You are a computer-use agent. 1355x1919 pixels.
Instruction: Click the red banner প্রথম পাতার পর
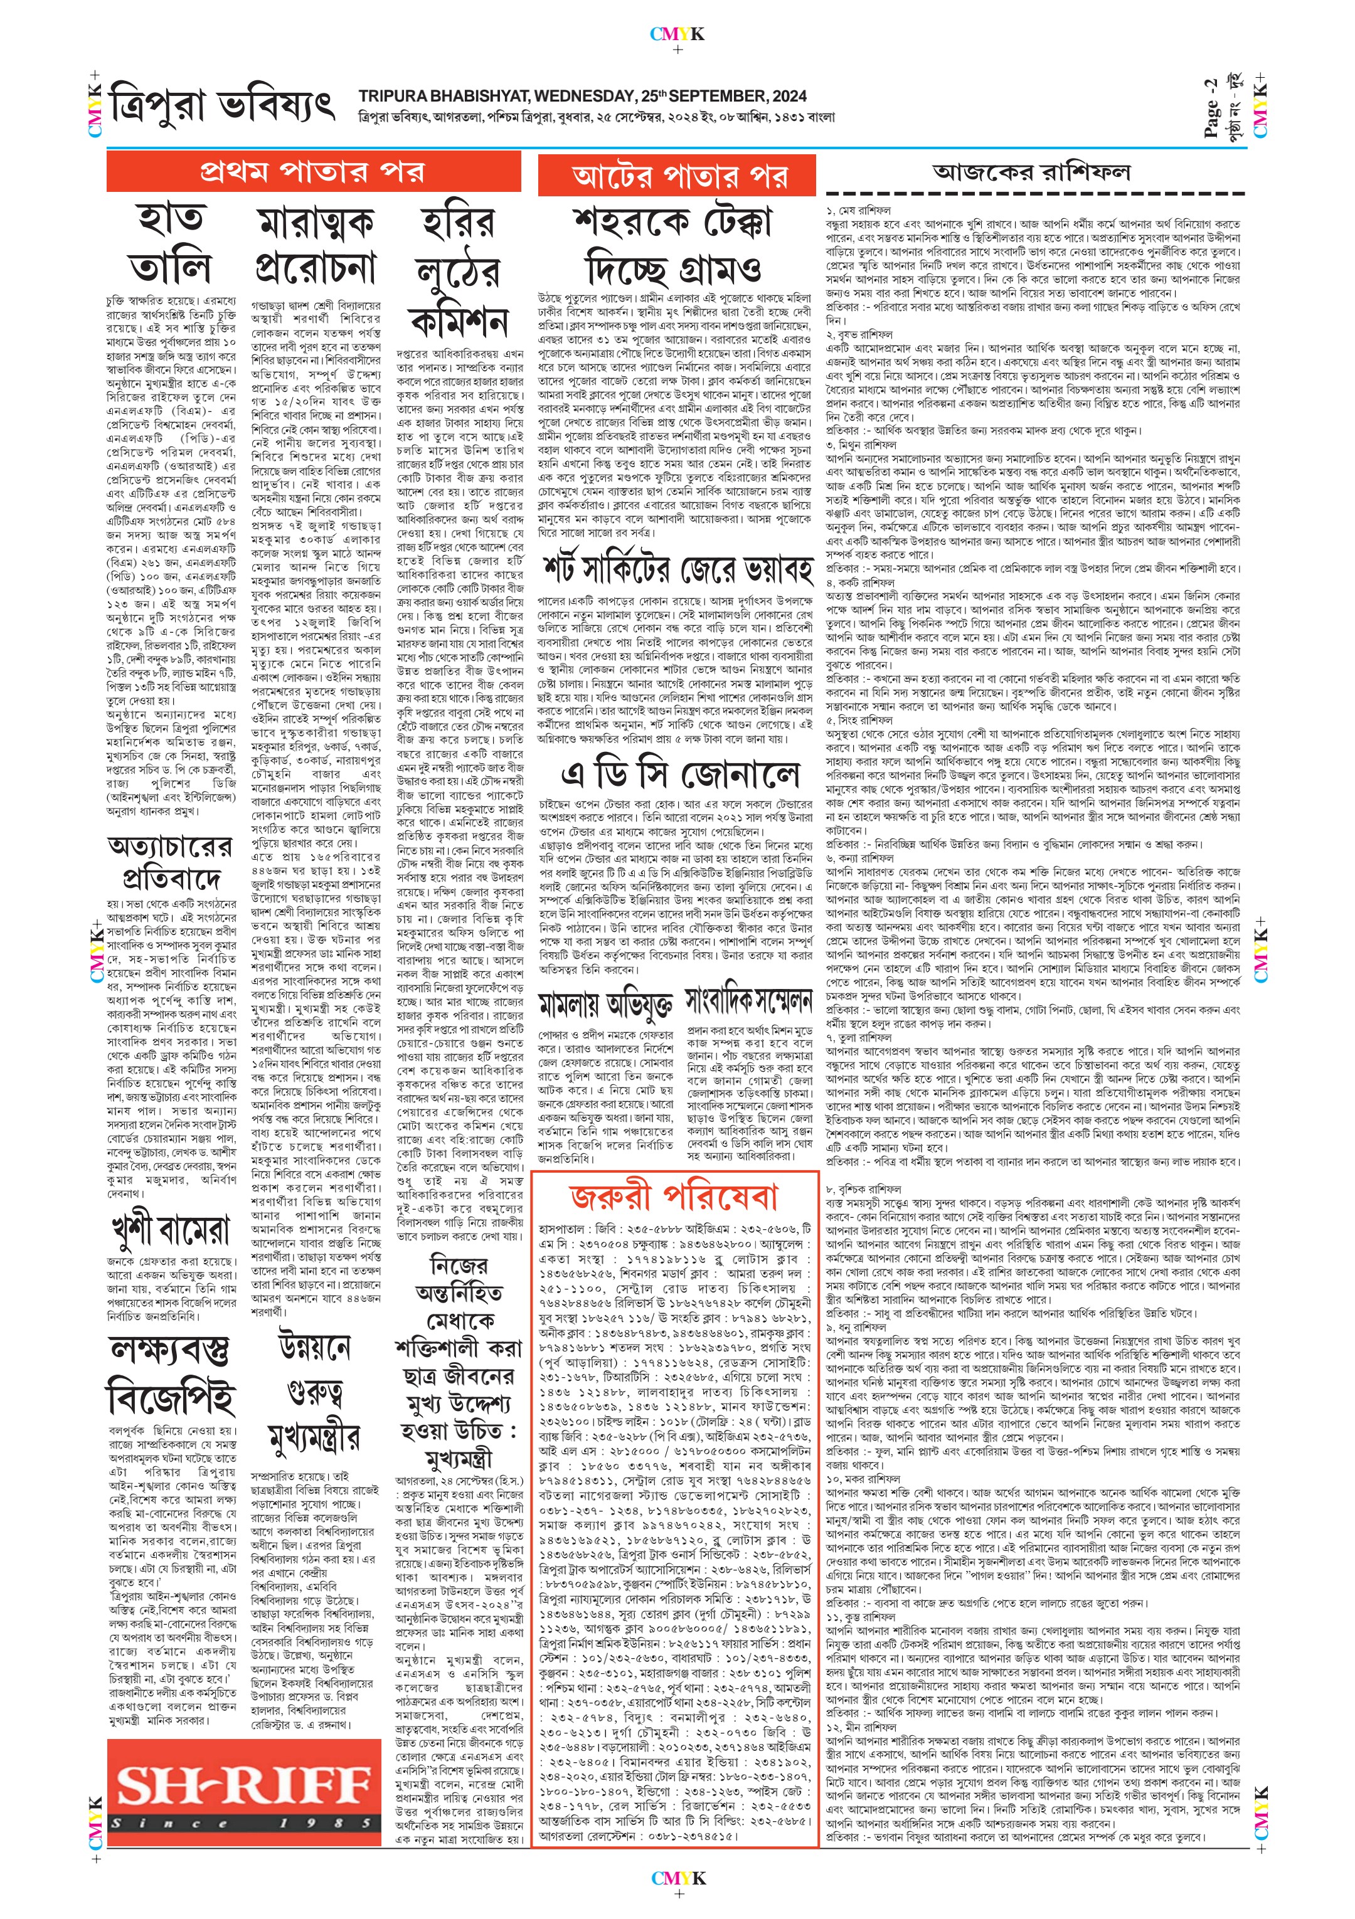tap(312, 172)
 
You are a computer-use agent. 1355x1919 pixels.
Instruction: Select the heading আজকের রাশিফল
tap(1031, 172)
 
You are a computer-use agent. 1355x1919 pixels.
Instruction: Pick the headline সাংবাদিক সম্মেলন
tap(749, 999)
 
